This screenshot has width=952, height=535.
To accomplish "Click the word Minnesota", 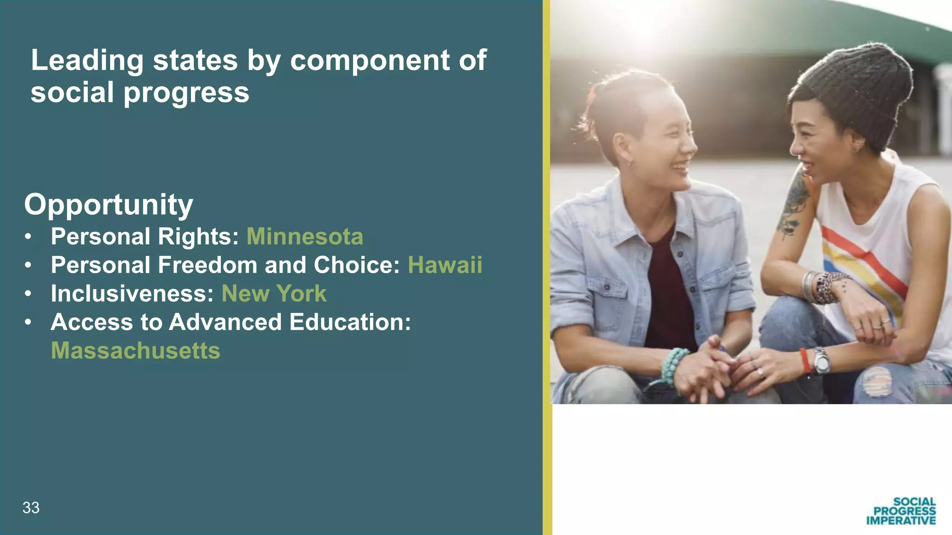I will click(x=304, y=236).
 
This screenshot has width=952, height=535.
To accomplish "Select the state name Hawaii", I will click(x=445, y=265).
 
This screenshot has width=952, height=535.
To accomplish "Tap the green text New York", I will click(x=274, y=294).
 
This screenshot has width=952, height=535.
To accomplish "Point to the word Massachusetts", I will click(x=135, y=351).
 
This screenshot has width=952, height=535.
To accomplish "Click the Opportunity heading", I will click(x=108, y=204).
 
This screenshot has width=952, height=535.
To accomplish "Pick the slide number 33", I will click(x=31, y=508).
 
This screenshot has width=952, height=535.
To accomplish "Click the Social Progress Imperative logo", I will click(x=901, y=511).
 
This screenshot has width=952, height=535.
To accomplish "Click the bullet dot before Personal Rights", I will click(x=28, y=237).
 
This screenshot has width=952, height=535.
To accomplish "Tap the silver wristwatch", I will click(x=821, y=361).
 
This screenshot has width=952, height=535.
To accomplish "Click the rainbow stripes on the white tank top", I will click(x=865, y=260).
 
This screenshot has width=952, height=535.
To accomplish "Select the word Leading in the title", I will click(x=87, y=60).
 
